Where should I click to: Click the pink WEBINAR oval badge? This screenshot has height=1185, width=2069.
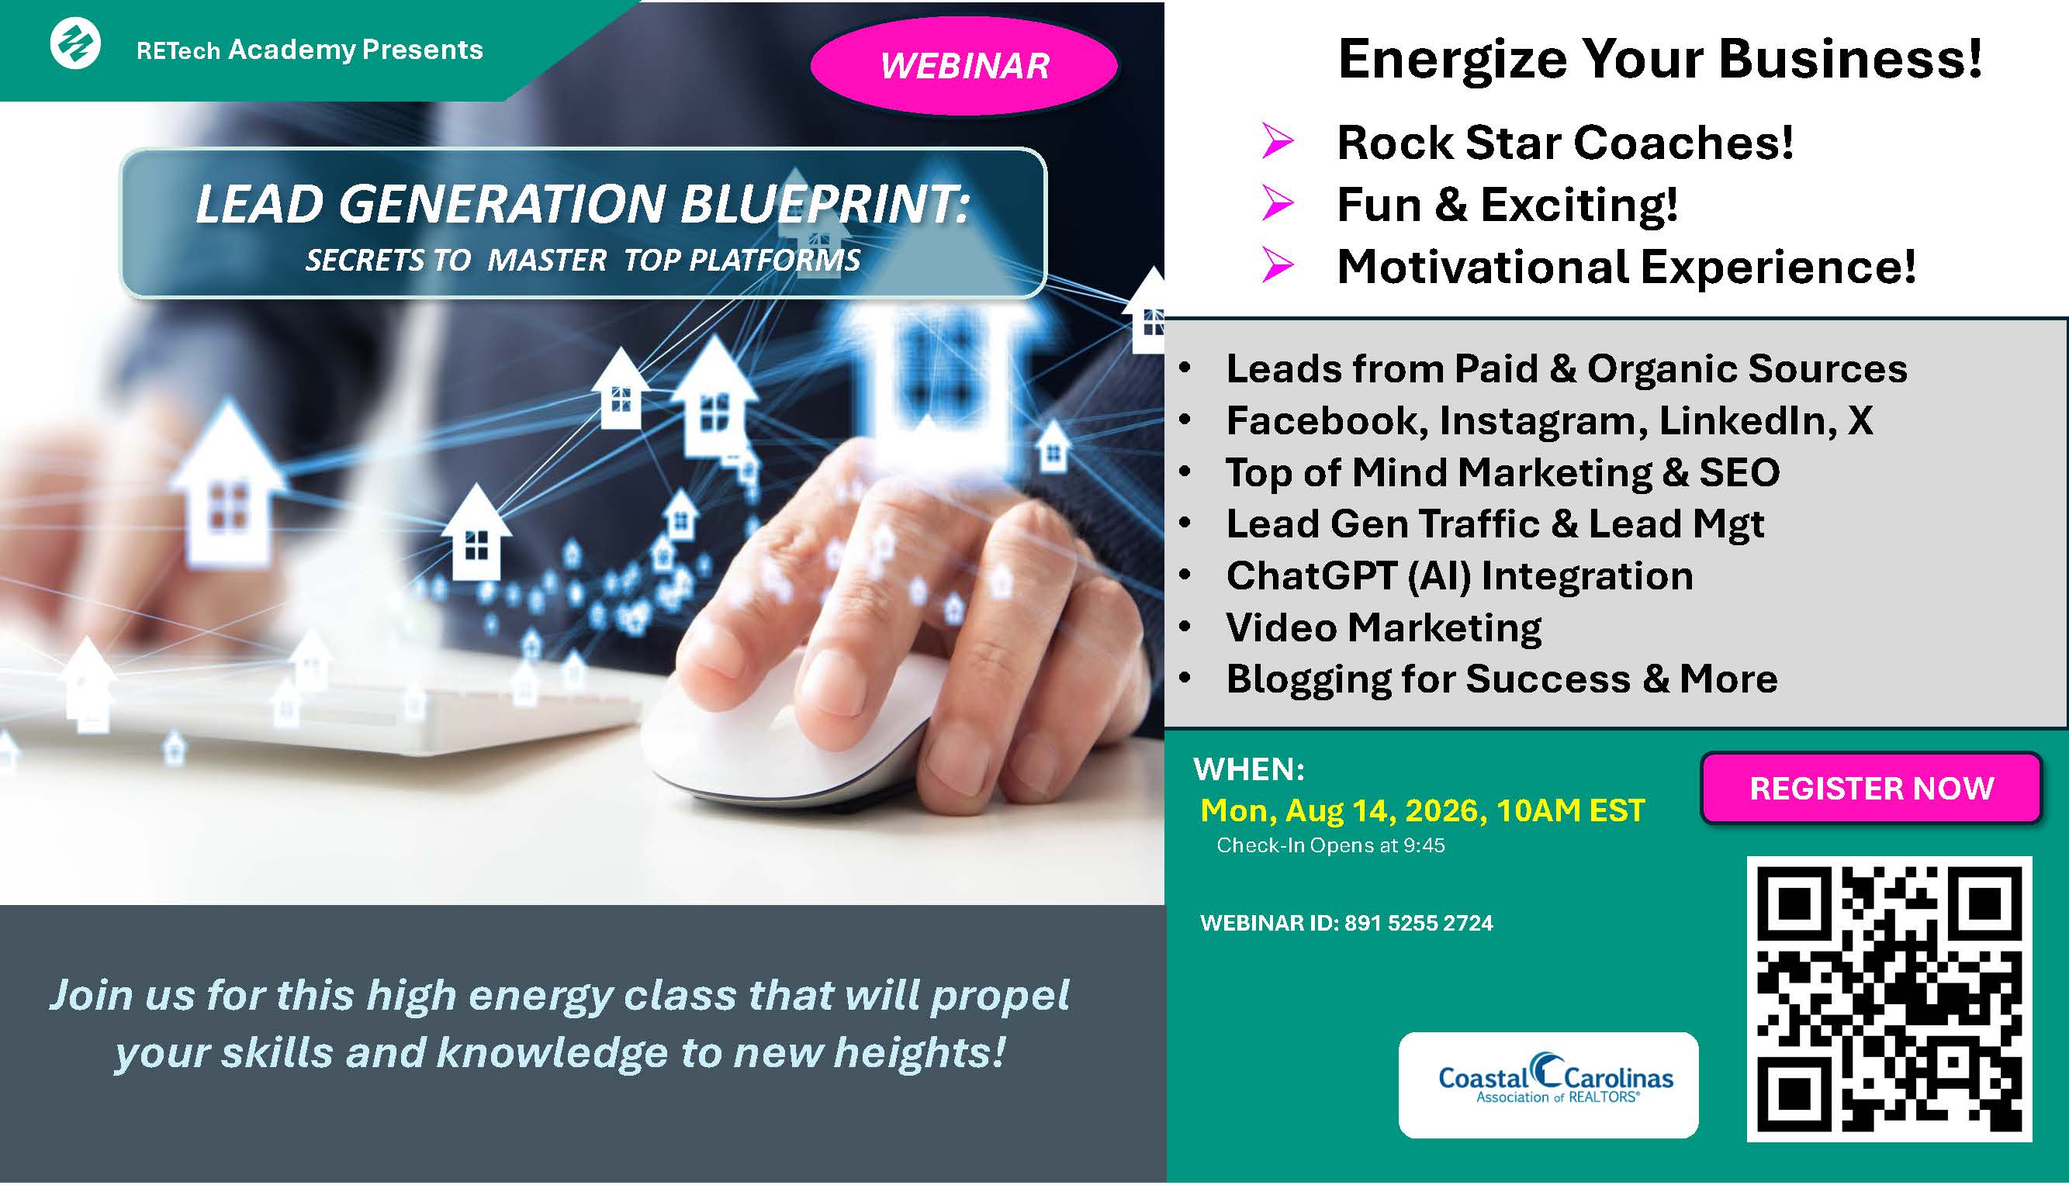coord(964,66)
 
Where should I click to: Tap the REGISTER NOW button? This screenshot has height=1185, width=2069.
coord(1871,788)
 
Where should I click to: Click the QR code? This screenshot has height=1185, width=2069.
coord(1889,1000)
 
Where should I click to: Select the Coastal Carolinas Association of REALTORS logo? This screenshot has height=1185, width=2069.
coord(1548,1085)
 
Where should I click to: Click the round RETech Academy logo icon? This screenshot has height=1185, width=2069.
coord(76,43)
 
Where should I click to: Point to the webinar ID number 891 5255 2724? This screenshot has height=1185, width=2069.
coord(1419,923)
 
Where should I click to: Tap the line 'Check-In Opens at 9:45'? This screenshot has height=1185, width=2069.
coord(1330,845)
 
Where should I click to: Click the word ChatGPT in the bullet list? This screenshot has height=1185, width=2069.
coord(1311,575)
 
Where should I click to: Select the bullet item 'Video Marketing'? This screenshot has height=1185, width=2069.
coord(1384,627)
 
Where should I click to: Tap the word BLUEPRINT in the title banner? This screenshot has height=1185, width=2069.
coord(825,203)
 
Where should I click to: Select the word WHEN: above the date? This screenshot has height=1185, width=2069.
coord(1248,769)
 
